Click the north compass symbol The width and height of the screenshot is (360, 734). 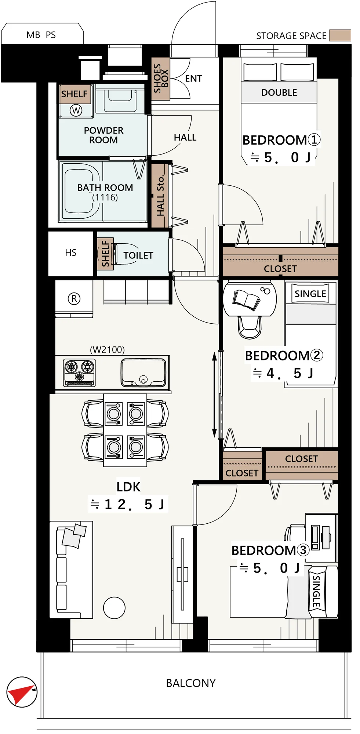[x=22, y=692]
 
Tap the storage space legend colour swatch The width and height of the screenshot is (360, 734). [x=340, y=35]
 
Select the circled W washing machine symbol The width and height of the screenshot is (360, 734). [x=76, y=110]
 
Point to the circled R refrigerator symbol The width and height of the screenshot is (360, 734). [x=74, y=299]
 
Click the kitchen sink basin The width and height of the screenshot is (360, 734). [x=143, y=373]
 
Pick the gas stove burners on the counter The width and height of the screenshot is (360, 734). [x=80, y=372]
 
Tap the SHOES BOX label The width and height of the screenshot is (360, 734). [x=161, y=78]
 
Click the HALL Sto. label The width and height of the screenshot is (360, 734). [x=160, y=196]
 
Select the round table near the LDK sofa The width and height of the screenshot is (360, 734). [x=114, y=608]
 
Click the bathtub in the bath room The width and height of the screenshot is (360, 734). [x=81, y=191]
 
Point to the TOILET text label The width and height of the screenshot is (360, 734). [x=138, y=255]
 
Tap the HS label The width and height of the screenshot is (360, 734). [x=71, y=252]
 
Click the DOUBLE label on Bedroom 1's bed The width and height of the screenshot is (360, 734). [x=279, y=92]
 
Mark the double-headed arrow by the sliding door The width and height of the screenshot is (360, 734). [x=215, y=395]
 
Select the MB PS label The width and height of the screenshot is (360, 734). [x=41, y=35]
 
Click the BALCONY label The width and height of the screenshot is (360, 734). [x=191, y=683]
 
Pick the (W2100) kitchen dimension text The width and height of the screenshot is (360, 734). [x=108, y=349]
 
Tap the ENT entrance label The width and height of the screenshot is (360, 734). [x=194, y=79]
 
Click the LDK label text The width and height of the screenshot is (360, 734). [x=128, y=487]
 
